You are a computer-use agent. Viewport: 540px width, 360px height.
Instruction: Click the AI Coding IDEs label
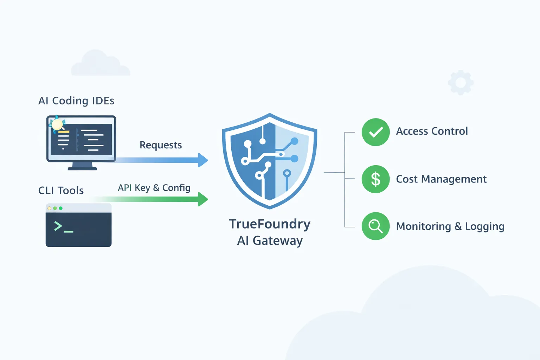pos(76,101)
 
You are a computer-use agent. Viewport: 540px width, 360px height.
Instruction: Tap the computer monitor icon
pos(81,141)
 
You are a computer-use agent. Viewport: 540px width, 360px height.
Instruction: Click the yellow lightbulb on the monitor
pos(57,124)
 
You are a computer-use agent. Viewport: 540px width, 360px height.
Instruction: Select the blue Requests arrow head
pos(203,160)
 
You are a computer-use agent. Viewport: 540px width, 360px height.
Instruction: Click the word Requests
pos(161,145)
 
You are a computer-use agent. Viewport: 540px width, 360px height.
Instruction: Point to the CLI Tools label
pos(61,191)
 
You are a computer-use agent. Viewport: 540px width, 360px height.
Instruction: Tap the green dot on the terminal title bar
pos(60,208)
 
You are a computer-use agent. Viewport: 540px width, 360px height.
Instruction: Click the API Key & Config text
pos(154,188)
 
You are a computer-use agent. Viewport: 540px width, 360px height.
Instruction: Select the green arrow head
pos(203,199)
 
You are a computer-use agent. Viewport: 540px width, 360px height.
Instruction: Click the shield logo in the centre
pos(270,161)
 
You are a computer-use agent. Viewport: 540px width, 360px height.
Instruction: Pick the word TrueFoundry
pos(270,224)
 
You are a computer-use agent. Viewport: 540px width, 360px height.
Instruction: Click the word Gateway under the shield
pos(277,241)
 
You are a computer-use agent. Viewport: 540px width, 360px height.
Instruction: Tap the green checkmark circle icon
pos(375,132)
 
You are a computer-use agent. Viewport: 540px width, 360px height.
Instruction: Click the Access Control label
pos(432,131)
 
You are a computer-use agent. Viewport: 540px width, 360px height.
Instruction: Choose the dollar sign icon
pos(375,179)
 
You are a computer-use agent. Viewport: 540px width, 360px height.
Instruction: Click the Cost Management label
pos(441,179)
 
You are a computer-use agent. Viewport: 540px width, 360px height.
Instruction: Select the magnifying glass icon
pos(375,226)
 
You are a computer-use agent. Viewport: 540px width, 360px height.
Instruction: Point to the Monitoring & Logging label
pos(450,226)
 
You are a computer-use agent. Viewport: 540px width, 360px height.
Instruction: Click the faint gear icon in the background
pos(461,83)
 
